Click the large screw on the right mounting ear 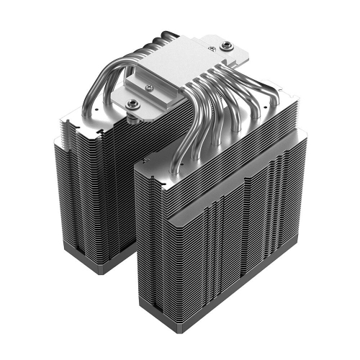[228, 45]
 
